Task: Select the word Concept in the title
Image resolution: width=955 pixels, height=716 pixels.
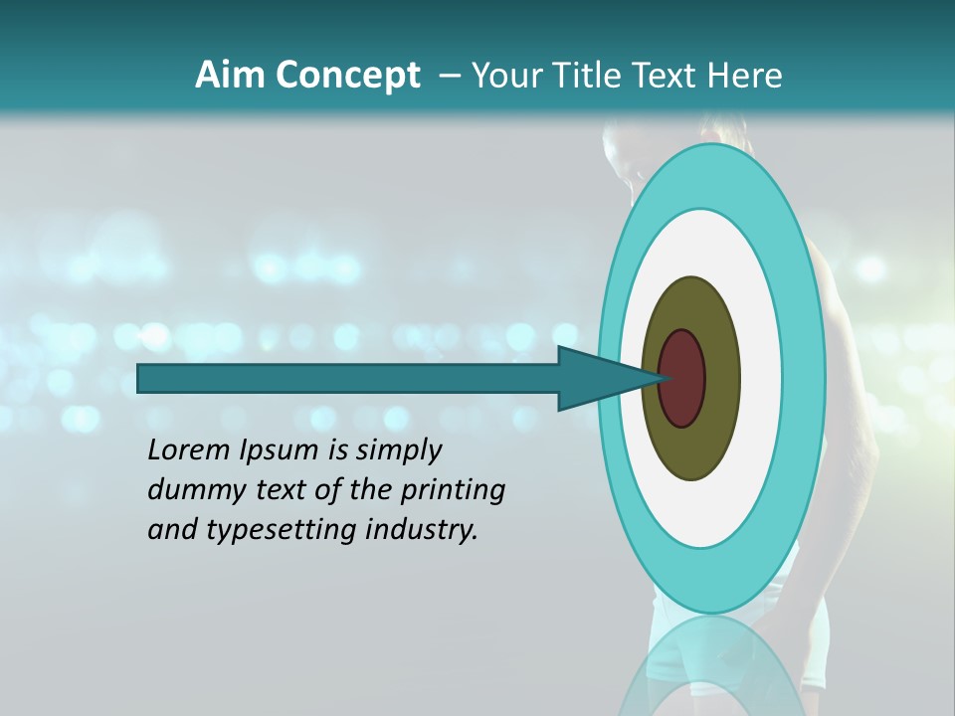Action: click(346, 76)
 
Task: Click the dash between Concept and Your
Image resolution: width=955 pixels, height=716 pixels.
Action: click(449, 76)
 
